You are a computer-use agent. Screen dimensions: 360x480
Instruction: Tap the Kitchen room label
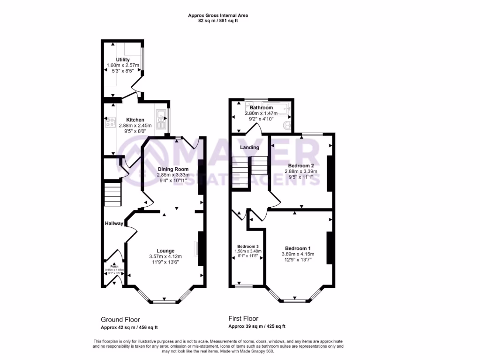pos(122,120)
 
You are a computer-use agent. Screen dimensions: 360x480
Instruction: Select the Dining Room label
pos(173,169)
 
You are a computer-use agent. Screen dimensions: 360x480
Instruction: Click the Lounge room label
pos(165,251)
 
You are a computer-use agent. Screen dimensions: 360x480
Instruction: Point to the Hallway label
pos(114,224)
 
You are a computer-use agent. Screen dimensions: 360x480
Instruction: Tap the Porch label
pos(112,266)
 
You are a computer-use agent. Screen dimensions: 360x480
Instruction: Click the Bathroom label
pos(261,108)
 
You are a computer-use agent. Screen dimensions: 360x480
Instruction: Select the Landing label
pos(249,148)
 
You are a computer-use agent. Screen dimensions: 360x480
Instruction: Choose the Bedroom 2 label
pos(300,166)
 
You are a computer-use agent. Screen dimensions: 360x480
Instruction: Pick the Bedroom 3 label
pos(247,247)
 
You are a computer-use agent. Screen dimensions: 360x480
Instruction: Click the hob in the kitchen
pos(111,123)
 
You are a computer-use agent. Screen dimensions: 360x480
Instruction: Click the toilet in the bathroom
pos(287,126)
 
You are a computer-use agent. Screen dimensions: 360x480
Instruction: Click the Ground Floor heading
pos(120,320)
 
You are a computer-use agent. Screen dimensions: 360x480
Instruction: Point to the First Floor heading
pos(244,318)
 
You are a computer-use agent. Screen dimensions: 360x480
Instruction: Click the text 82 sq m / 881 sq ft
pos(218,21)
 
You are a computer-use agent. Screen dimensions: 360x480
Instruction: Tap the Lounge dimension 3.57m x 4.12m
pos(165,256)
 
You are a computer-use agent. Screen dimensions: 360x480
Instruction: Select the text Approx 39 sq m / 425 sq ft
pos(257,327)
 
